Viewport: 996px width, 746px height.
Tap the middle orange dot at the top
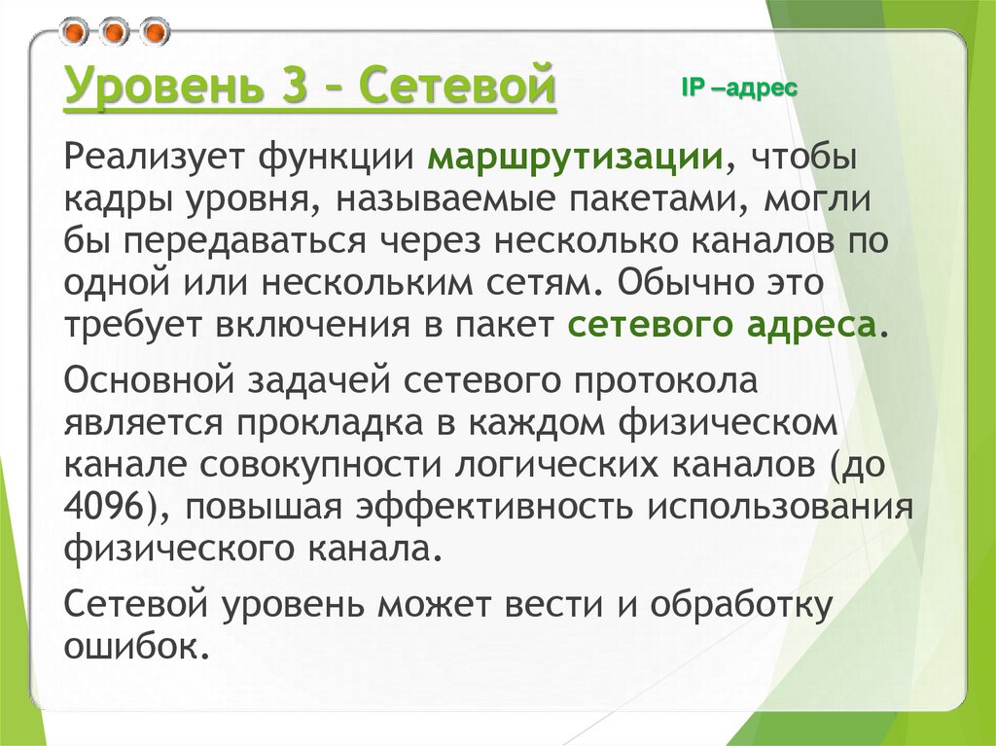114,32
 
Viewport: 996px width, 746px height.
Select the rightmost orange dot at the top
152,32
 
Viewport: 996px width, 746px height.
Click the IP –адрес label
739,88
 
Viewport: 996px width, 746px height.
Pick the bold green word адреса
813,325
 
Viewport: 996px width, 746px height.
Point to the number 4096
112,508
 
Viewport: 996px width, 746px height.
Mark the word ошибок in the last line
133,647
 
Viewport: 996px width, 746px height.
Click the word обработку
742,605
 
